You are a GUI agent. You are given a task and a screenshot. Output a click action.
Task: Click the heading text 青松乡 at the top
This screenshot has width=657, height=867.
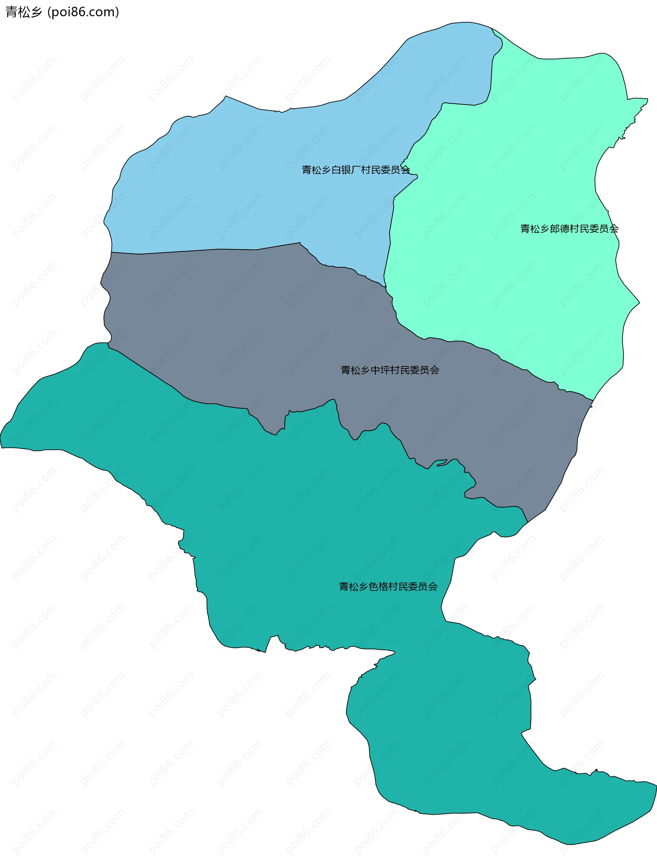(x=24, y=12)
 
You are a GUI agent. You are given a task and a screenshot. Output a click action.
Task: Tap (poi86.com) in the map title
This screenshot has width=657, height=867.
(x=83, y=12)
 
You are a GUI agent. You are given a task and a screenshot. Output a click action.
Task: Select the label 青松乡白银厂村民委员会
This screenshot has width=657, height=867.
(x=356, y=170)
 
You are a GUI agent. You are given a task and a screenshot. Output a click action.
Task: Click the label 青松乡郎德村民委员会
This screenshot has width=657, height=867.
(x=569, y=229)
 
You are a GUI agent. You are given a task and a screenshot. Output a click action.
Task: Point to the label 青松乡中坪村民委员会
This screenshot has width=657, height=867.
(x=390, y=370)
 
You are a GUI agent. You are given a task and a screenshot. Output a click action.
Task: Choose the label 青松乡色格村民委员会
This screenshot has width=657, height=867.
(x=388, y=586)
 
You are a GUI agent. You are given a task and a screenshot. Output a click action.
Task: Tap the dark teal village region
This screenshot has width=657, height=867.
(x=313, y=529)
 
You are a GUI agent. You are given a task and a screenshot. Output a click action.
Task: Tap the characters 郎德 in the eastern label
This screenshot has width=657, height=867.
(x=559, y=229)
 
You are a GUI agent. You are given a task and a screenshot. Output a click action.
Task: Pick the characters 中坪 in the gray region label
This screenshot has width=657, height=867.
(x=380, y=370)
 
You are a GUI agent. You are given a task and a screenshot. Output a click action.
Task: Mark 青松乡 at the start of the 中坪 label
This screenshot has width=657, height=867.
(x=355, y=370)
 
